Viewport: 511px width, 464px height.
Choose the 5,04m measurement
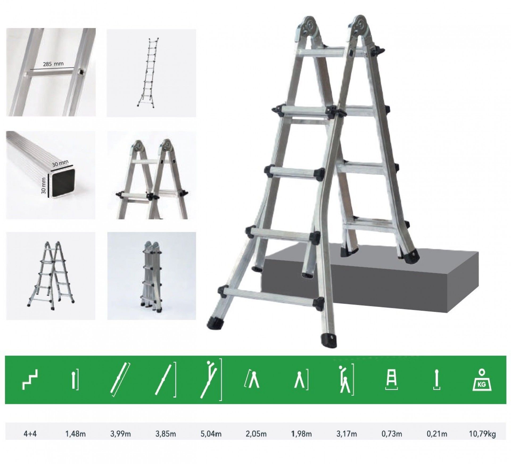tap(211, 434)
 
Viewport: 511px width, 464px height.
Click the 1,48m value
tap(76, 434)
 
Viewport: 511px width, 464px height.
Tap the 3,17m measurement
tap(347, 434)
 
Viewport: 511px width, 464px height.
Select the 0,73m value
tap(392, 434)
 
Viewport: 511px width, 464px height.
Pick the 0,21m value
tap(437, 434)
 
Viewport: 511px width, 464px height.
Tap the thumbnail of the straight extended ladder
tap(151, 73)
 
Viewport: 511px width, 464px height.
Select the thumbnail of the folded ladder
tap(151, 276)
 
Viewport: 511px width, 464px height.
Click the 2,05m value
tap(256, 434)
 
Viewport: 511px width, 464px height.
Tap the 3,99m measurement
tap(121, 434)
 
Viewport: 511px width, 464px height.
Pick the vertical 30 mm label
tap(44, 185)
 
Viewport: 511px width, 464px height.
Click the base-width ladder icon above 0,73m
tap(392, 381)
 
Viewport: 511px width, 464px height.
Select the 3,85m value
tap(166, 434)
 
